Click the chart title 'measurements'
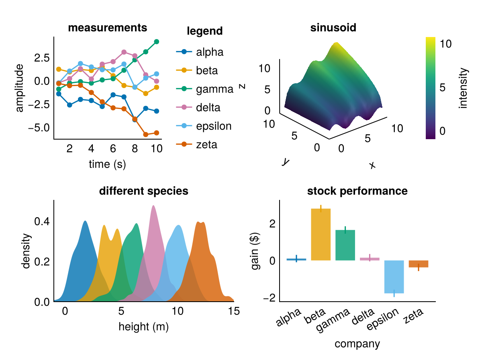pos(108,28)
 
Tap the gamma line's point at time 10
pos(157,42)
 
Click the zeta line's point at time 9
pos(146,135)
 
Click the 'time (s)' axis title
pos(108,164)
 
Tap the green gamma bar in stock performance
pos(345,245)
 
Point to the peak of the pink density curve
pos(153,206)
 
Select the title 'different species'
pos(143,191)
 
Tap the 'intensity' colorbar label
pos(464,88)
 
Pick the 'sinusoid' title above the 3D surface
pos(333,28)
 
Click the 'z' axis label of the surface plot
pos(242,86)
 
